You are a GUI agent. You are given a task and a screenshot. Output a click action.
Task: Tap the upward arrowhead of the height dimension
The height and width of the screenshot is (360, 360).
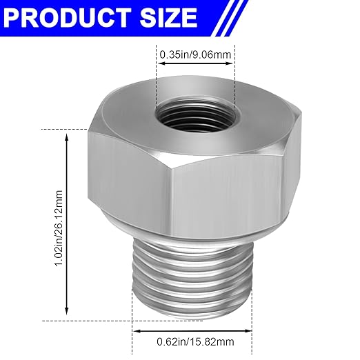pyautogui.click(x=67, y=135)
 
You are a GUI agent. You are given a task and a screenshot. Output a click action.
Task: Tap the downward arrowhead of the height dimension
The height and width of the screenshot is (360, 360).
pyautogui.click(x=67, y=312)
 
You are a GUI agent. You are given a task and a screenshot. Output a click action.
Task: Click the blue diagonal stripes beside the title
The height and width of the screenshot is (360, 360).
pyautogui.click(x=231, y=15)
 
